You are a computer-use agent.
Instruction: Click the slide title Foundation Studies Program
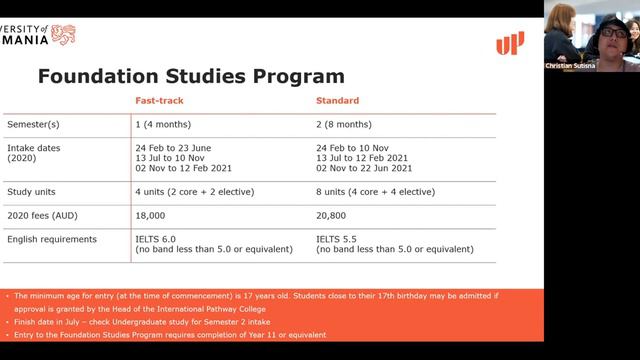coord(191,76)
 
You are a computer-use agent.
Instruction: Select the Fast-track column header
coord(159,101)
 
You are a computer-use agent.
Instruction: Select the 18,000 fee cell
coord(151,215)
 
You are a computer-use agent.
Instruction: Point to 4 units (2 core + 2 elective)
coord(195,191)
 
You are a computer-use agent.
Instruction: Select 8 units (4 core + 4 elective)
coord(375,191)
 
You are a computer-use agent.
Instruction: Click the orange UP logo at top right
coord(509,43)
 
